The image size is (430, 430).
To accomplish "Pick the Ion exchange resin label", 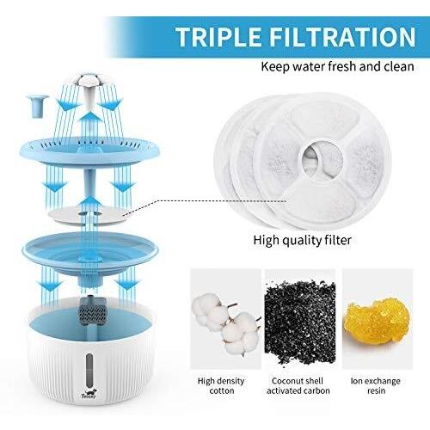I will [376, 386].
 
